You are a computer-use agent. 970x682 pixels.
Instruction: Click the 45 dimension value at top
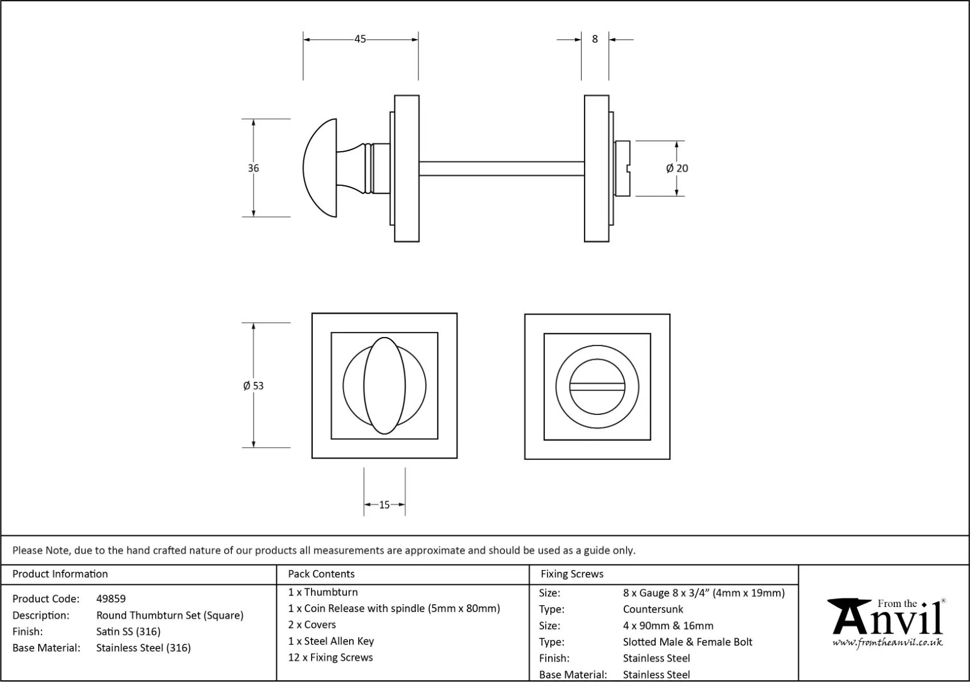pos(360,39)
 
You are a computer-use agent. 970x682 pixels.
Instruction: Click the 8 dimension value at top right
pos(595,39)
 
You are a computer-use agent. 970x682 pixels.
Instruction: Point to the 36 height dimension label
pos(253,168)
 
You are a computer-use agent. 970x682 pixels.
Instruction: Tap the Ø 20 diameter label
pos(677,168)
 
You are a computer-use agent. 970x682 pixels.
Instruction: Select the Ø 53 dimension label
pos(253,386)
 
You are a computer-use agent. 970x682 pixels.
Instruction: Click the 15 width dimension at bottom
pos(384,505)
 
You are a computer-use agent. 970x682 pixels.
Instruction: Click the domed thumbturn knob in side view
pos(320,168)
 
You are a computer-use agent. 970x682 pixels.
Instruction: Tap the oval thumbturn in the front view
pos(384,386)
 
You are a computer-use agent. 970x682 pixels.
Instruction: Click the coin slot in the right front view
pos(597,386)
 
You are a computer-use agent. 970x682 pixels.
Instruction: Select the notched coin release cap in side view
pos(623,168)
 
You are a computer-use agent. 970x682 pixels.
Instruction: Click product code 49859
pos(111,598)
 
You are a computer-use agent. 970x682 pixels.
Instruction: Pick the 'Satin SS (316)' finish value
pos(128,631)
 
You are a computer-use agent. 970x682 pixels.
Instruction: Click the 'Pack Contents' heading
pos(321,574)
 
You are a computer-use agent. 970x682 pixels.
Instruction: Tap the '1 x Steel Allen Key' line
pos(331,641)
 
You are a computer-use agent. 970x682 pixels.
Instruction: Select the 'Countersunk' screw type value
pos(653,609)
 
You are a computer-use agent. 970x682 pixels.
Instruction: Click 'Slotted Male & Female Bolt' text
pos(687,642)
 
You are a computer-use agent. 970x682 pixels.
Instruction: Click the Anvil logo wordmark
pos(887,618)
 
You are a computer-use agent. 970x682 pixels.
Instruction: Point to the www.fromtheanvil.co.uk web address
pos(887,643)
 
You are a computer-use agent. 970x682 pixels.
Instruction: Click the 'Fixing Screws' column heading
pos(572,574)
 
